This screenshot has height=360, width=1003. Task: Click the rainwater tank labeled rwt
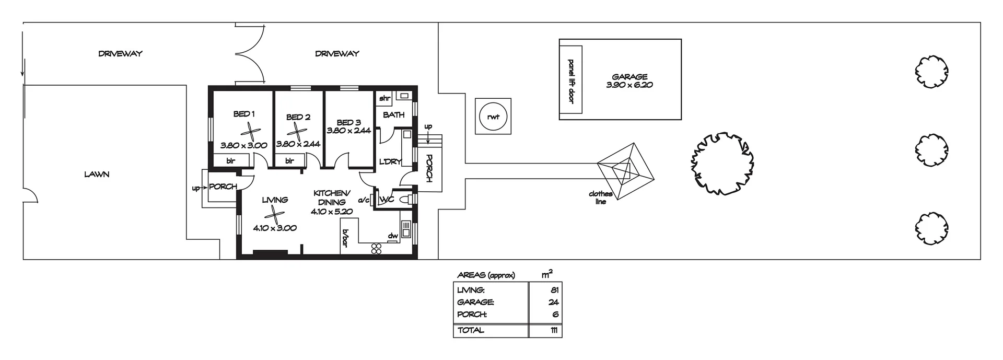coord(493,117)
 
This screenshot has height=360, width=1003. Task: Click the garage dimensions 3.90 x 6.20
coord(629,85)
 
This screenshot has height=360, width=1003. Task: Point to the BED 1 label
coord(244,114)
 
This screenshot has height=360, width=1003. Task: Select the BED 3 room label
coord(348,122)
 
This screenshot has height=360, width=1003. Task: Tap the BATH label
coord(393,114)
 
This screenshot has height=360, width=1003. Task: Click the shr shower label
coord(384,98)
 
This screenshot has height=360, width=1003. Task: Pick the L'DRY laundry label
coord(390,162)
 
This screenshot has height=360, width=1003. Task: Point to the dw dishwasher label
coord(393,236)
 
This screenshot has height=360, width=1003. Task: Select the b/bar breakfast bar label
coord(345,237)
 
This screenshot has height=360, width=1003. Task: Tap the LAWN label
coord(97,174)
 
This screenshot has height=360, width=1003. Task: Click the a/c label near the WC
coord(364,200)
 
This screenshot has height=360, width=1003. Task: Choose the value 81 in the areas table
coord(554,290)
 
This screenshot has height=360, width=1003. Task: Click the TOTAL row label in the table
coord(471,330)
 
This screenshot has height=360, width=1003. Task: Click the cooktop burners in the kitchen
coord(376,249)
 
